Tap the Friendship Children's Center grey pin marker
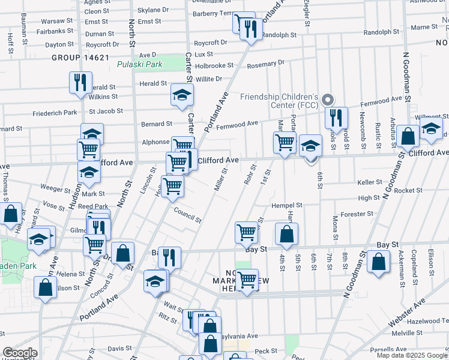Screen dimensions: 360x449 327,99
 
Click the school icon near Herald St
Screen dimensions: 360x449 182,95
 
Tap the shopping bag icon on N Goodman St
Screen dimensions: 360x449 378,262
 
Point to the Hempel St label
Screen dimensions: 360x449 287,205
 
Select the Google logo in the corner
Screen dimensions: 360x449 20,353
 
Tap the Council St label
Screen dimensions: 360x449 188,215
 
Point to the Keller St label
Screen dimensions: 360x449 370,182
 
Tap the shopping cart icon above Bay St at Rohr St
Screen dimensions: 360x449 247,232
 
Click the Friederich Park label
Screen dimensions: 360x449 55,112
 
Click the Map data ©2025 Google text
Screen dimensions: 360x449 411,355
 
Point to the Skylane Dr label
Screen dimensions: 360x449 153,10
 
